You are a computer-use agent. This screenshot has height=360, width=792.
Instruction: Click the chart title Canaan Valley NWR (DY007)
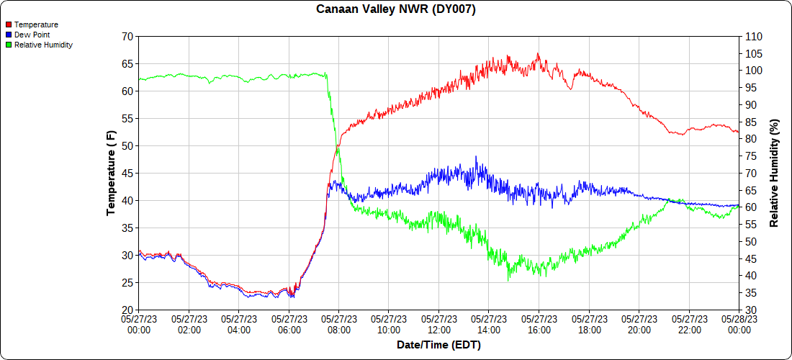396,9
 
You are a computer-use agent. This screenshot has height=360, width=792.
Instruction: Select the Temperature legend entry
36,24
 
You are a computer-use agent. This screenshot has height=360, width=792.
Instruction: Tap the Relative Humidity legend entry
43,45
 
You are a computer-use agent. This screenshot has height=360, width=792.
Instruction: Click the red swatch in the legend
8,24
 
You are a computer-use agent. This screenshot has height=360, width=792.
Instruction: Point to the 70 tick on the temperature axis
127,36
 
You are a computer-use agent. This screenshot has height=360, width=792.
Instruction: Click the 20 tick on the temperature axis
127,310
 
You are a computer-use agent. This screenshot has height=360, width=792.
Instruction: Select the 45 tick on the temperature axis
127,173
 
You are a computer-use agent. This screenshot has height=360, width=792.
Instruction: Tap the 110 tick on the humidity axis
753,36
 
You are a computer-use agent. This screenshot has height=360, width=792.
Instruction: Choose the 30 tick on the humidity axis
750,310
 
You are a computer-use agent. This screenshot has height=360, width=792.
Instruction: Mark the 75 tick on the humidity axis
750,156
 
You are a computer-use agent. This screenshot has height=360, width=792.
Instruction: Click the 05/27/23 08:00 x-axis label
339,324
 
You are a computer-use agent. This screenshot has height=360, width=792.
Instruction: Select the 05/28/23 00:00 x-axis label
739,324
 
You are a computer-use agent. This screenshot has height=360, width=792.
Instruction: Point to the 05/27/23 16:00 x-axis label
539,324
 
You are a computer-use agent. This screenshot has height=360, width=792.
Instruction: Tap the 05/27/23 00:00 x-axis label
139,324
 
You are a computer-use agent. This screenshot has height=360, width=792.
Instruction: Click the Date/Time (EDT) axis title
438,345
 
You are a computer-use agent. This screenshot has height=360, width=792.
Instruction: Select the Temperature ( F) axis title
111,173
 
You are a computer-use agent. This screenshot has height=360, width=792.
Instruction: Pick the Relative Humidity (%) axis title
775,173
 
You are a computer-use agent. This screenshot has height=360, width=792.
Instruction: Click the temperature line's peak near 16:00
538,53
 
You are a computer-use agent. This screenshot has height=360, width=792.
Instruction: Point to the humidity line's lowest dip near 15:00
508,279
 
